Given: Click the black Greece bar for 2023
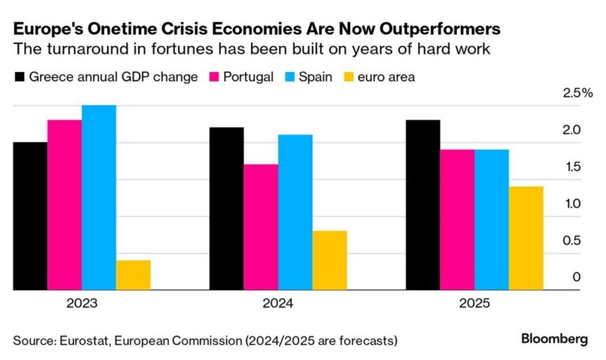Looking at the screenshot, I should (30, 216).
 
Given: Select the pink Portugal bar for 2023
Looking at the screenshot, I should (64, 205).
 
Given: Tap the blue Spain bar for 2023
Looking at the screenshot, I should (99, 197).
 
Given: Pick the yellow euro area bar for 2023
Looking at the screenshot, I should (133, 276).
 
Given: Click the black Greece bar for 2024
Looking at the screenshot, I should (226, 208).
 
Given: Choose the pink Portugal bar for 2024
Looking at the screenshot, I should (261, 227).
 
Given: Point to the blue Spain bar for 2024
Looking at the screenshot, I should (295, 212).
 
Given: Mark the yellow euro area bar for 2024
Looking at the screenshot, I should (330, 261).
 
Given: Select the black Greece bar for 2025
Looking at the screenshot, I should (423, 205).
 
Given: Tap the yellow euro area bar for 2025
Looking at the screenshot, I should (526, 238).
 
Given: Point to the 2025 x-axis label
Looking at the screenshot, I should (474, 303).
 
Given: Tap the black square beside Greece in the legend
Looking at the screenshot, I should (20, 77).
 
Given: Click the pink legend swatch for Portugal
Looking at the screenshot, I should (214, 77).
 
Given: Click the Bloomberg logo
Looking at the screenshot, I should (554, 339).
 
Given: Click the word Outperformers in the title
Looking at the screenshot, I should (433, 29).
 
